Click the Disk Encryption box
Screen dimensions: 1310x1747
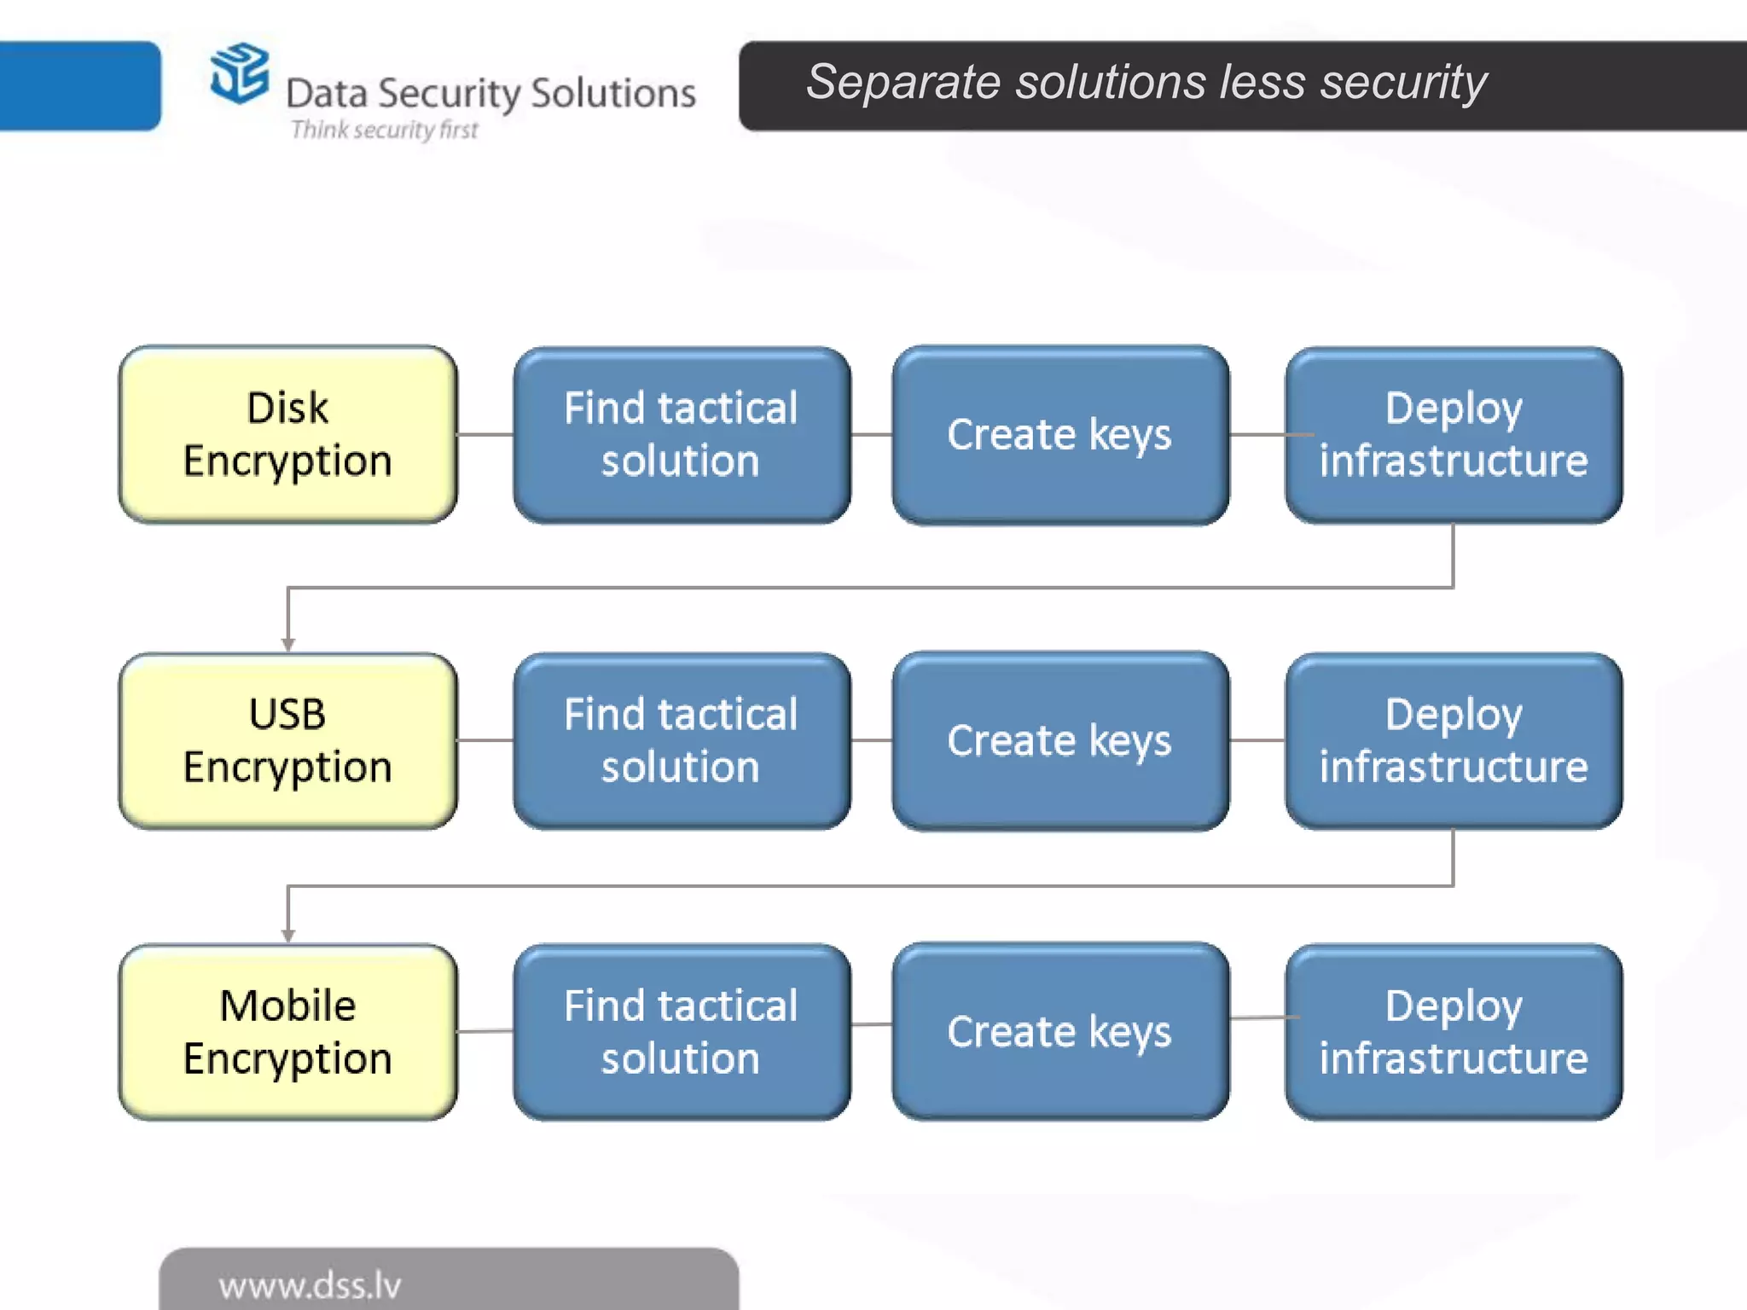[288, 434]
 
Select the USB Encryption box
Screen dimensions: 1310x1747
[288, 740]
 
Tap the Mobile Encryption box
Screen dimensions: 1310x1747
[288, 1031]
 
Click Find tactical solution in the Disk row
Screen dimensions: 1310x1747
[681, 434]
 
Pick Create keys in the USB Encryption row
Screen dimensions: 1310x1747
[1059, 740]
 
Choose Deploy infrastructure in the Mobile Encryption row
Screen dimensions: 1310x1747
[1454, 1031]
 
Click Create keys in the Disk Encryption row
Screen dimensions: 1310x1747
[1059, 434]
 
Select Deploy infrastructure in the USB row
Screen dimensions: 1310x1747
[1454, 740]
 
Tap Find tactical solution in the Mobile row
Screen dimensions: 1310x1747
[681, 1031]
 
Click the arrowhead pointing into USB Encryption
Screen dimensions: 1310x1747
[288, 645]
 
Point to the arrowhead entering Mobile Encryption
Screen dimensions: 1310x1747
[288, 936]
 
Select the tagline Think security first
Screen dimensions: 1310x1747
[384, 130]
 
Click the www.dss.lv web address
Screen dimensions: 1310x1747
[310, 1285]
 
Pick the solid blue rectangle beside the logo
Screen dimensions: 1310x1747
[78, 85]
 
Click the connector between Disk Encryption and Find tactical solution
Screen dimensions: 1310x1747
[485, 434]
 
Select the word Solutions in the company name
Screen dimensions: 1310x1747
[612, 93]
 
